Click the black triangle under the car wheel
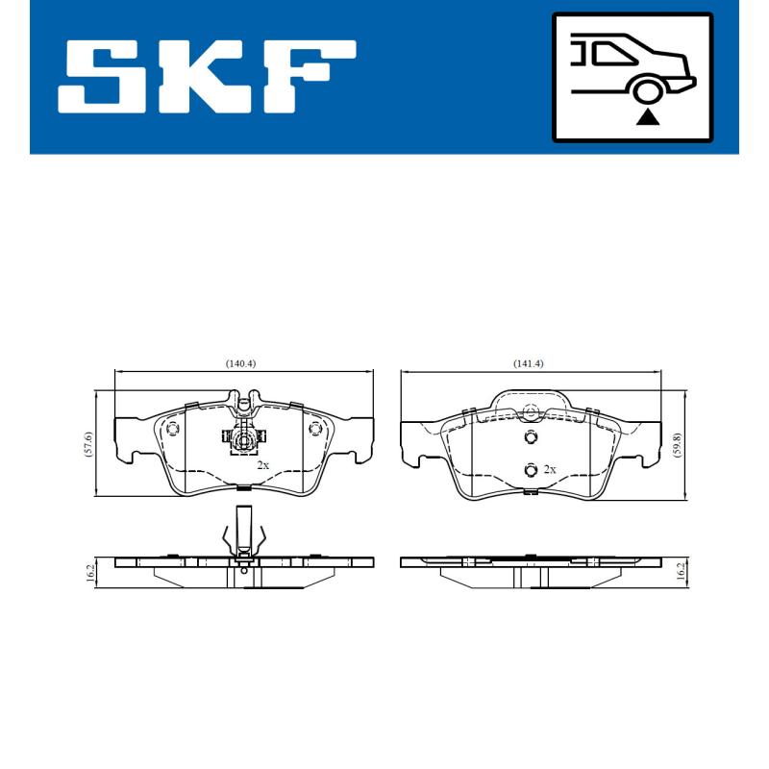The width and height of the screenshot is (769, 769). click(649, 117)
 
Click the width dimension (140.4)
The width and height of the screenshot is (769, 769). click(241, 363)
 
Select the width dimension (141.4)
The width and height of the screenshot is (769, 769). click(528, 363)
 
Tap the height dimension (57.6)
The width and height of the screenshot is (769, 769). click(87, 444)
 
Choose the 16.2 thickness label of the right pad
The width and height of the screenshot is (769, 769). click(679, 573)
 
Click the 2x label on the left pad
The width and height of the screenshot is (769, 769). click(262, 464)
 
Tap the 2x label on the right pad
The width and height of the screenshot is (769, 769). click(550, 469)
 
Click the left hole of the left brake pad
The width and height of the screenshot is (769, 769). click(173, 429)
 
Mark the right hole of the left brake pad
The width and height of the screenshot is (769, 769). click(313, 429)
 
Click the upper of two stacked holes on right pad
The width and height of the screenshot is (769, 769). click(530, 438)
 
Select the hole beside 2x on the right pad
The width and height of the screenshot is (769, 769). click(530, 469)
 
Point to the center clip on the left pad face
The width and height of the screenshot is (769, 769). click(244, 440)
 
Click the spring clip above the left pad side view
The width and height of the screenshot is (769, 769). click(243, 532)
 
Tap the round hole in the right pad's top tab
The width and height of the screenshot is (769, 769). click(528, 414)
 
